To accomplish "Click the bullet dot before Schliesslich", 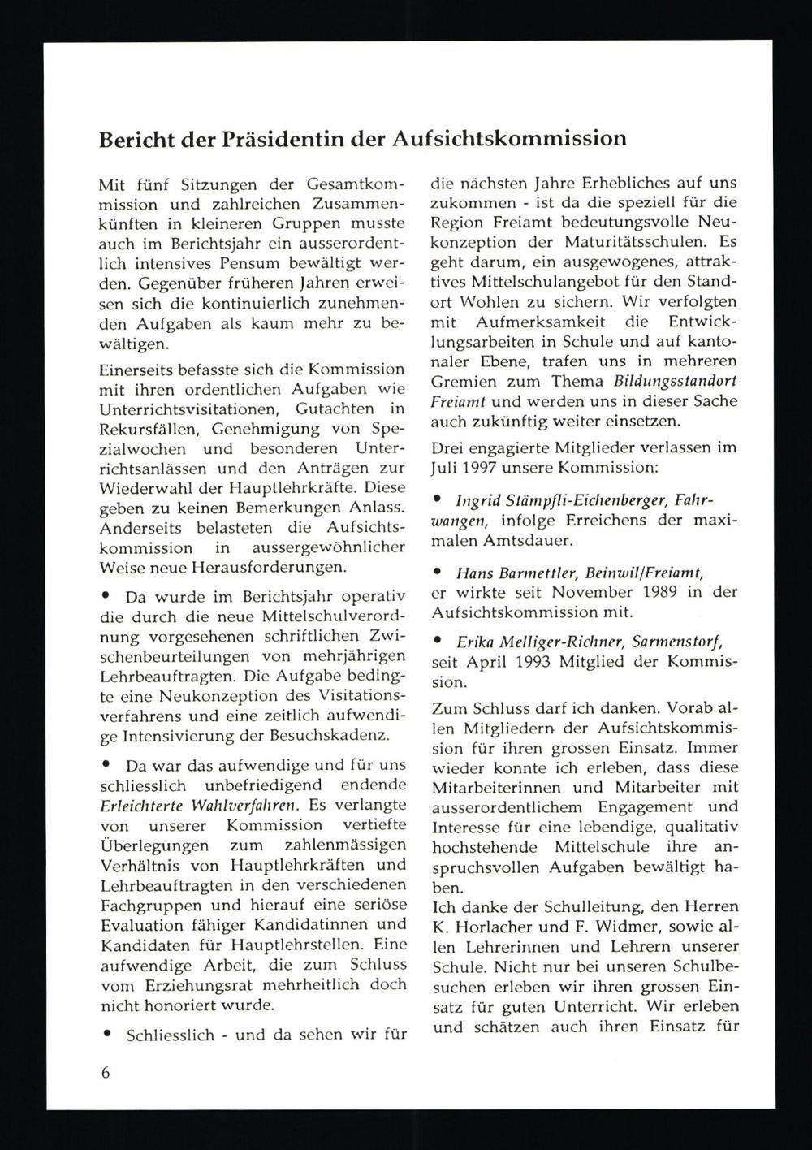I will point(106,1035).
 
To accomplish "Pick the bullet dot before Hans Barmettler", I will point(438,573).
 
